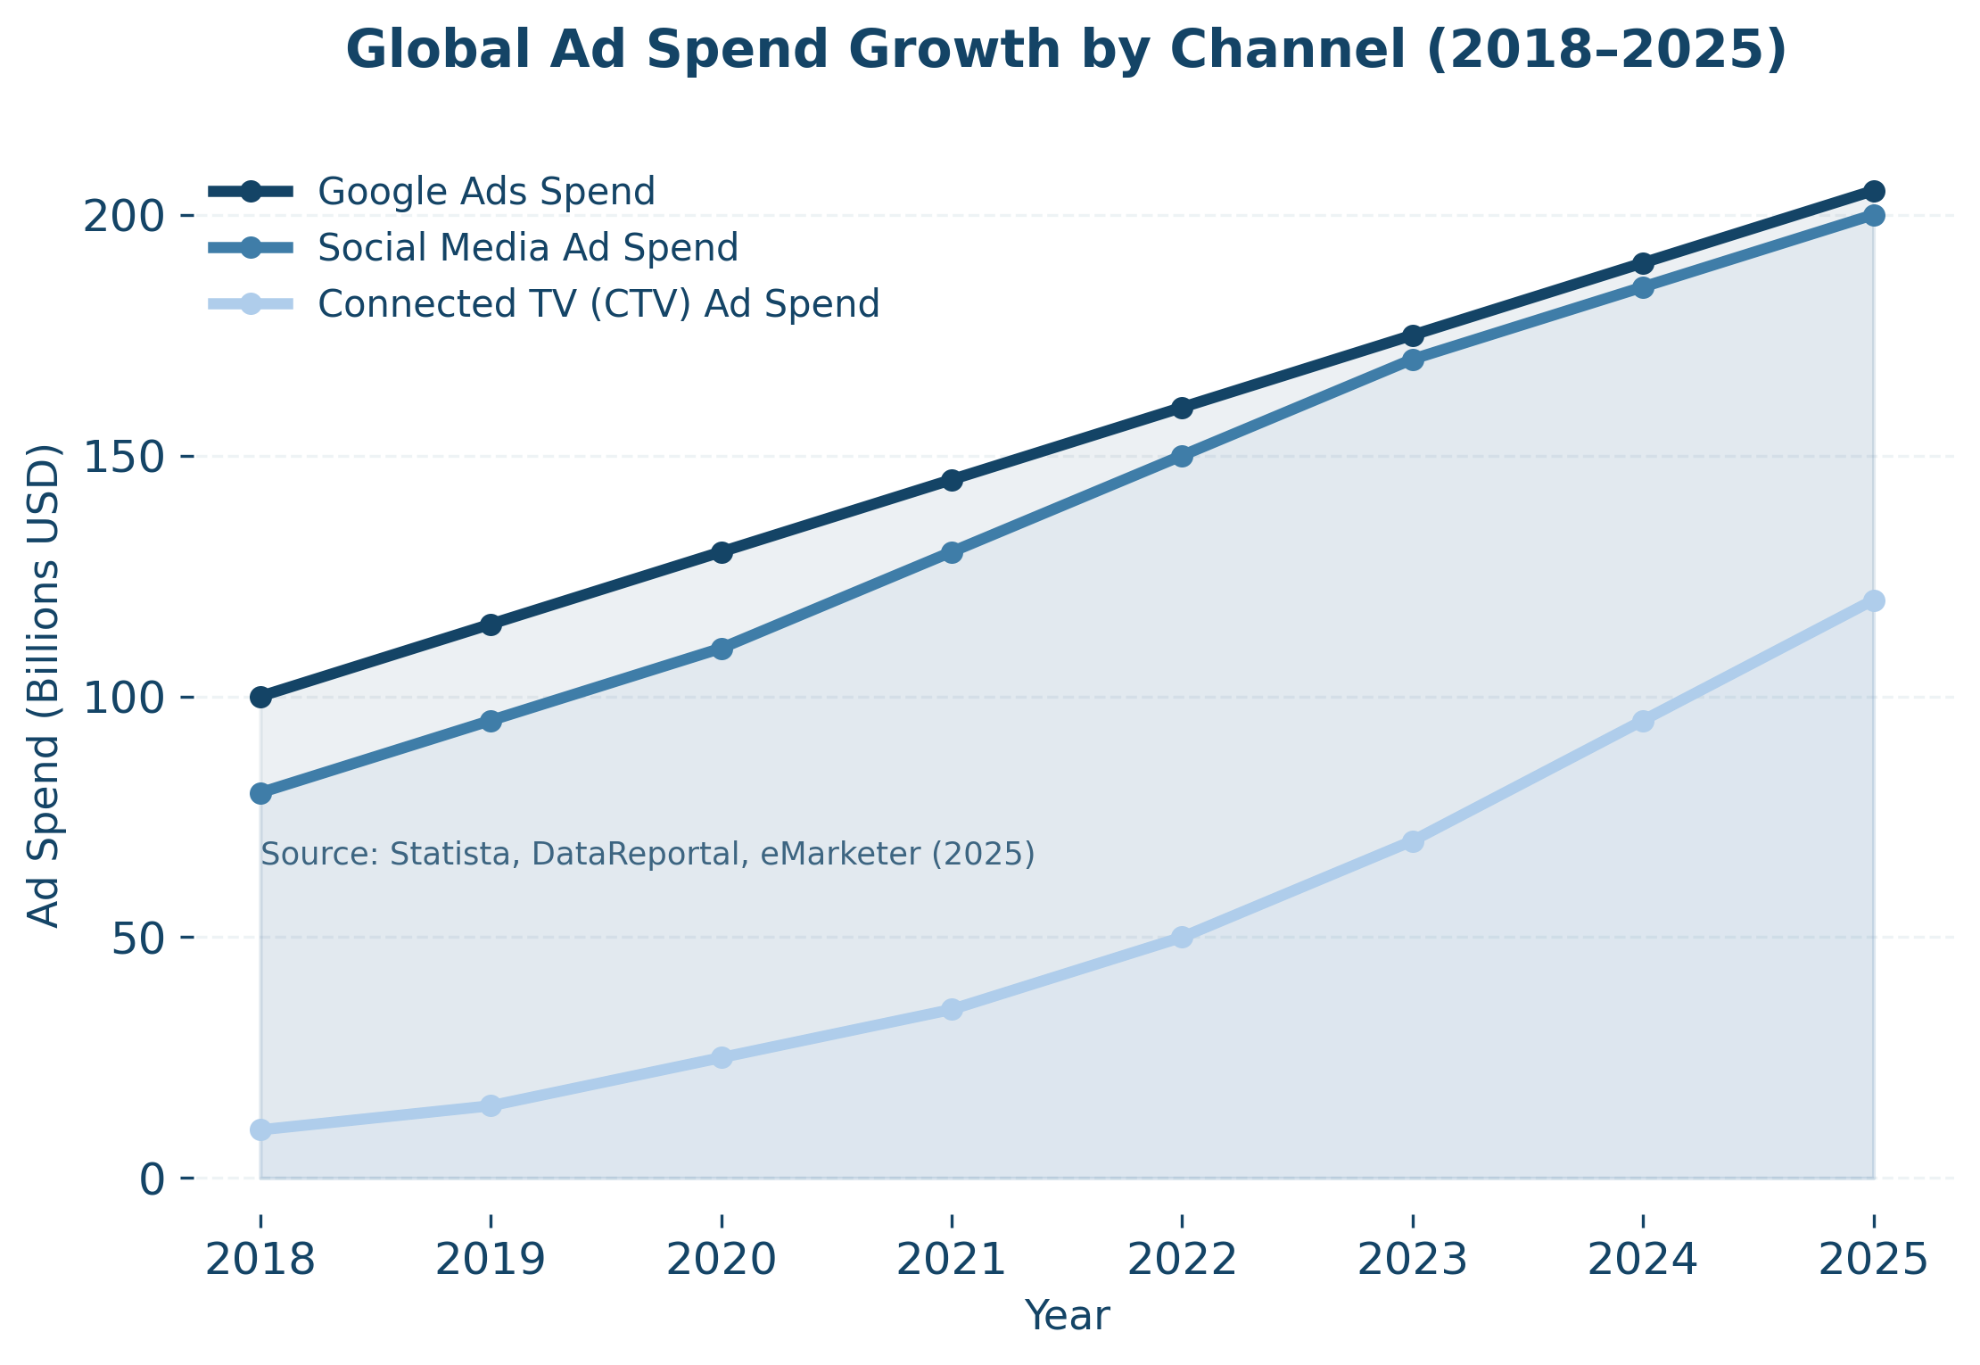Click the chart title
(x=1067, y=49)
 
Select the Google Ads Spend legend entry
(x=486, y=192)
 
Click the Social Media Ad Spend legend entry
(x=527, y=247)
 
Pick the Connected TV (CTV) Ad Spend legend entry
(x=598, y=303)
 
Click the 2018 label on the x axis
(x=260, y=1261)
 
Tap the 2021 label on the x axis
(x=952, y=1261)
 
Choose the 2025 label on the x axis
(x=1874, y=1261)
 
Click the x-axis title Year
(x=1067, y=1316)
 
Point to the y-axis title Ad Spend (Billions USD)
(x=43, y=685)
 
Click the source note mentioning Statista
(x=648, y=855)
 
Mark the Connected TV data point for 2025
(x=1874, y=600)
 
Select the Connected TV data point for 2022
(x=1182, y=937)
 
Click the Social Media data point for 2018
(x=260, y=793)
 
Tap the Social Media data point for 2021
(x=952, y=552)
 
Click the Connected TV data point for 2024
(x=1643, y=721)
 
